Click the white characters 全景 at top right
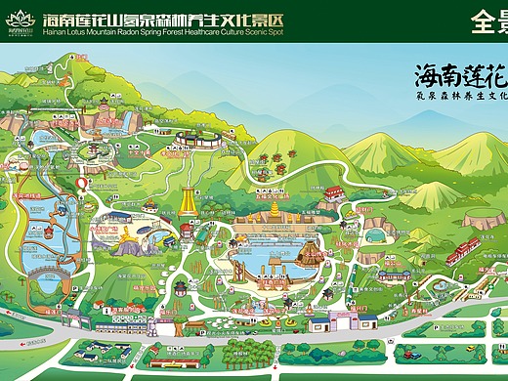tap(488, 21)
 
